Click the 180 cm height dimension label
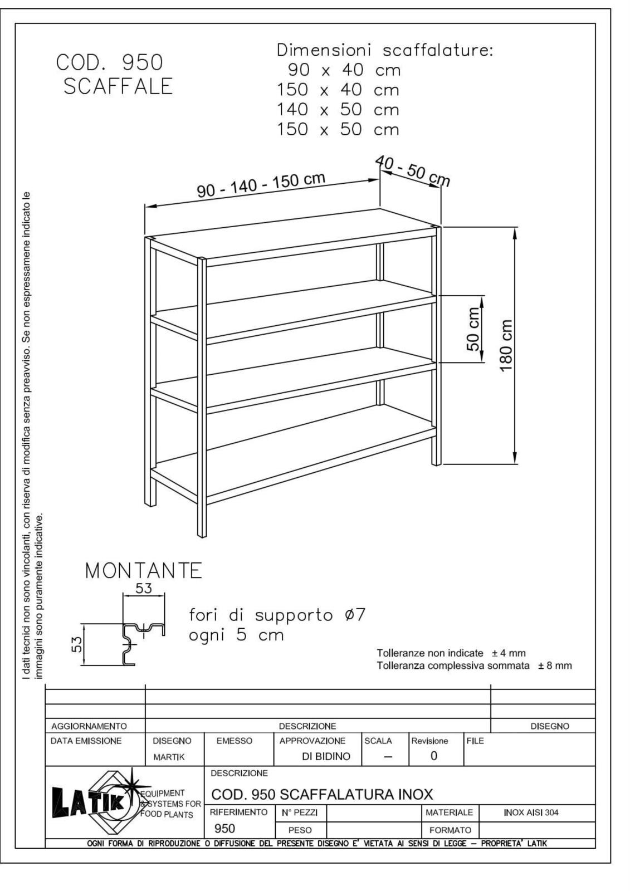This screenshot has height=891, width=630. (x=506, y=346)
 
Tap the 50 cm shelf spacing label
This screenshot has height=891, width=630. (x=473, y=329)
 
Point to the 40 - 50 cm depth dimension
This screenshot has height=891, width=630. (x=413, y=170)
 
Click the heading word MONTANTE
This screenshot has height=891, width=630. (x=144, y=571)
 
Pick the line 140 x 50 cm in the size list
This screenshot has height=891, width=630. (x=338, y=110)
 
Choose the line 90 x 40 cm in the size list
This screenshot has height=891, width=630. (x=344, y=70)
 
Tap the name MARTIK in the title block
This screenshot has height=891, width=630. (x=169, y=757)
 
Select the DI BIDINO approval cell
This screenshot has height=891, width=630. (x=326, y=756)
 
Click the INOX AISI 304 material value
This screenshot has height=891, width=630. (x=531, y=812)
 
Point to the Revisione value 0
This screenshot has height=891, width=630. (x=434, y=756)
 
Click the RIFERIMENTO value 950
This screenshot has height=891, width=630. (x=224, y=829)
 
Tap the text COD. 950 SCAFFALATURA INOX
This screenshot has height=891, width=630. (x=322, y=794)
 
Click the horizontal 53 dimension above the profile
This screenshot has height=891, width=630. (x=144, y=589)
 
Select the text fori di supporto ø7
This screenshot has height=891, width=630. (x=277, y=615)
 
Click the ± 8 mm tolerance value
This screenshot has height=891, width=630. (x=555, y=665)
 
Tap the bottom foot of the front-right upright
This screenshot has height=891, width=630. (x=202, y=533)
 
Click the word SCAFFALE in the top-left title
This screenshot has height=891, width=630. (x=118, y=87)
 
